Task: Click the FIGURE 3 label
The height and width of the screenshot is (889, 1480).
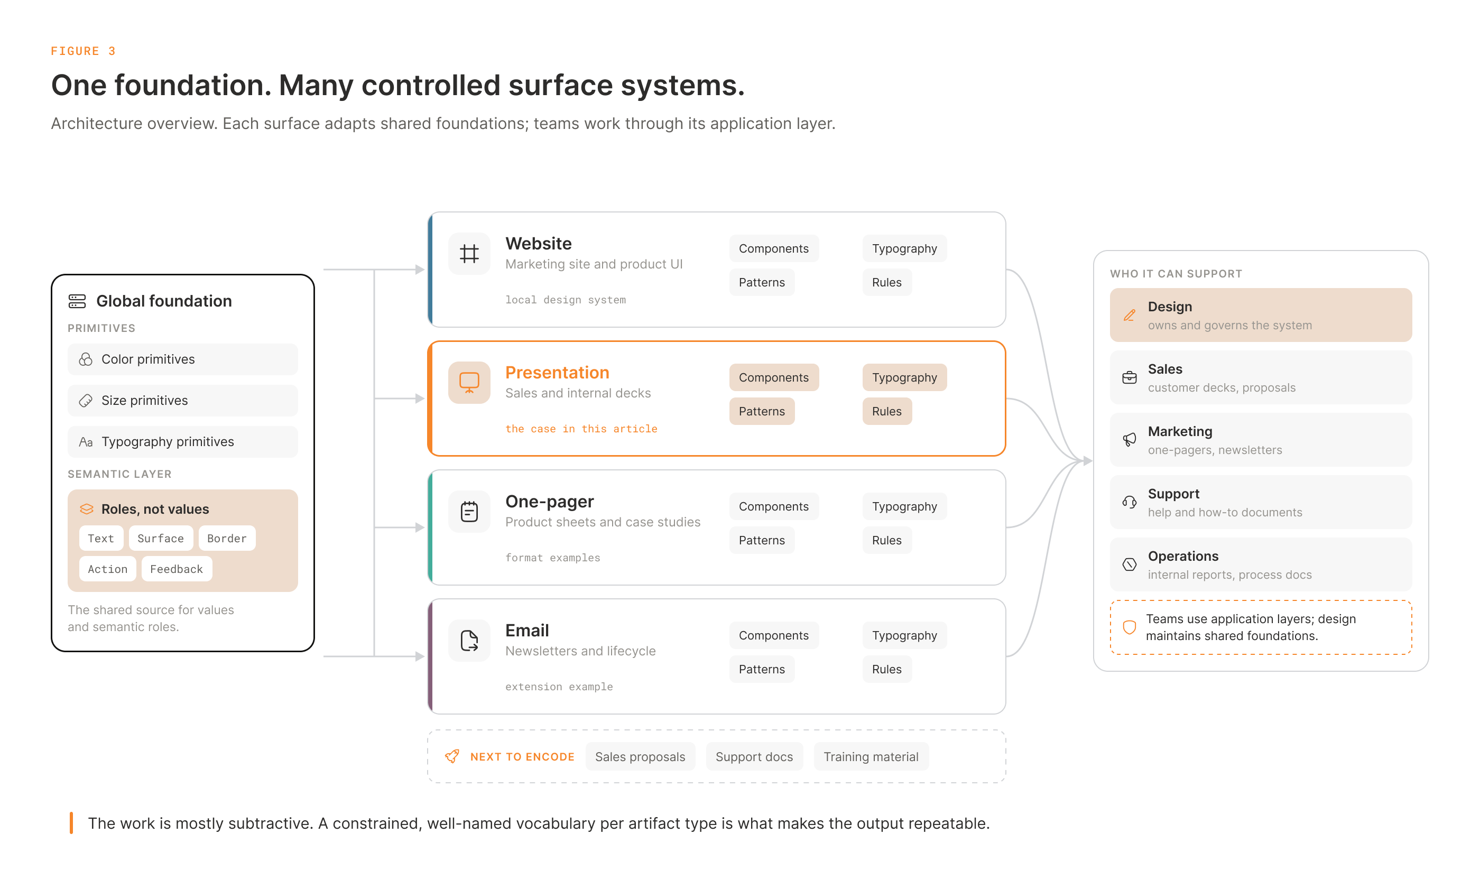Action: [x=84, y=51]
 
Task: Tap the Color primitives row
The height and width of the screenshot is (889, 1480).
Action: [x=183, y=359]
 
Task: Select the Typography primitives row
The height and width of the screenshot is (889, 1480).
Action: [x=183, y=441]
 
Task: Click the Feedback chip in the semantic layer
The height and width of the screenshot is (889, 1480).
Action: [x=177, y=569]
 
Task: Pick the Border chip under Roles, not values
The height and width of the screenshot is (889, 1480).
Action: [x=227, y=538]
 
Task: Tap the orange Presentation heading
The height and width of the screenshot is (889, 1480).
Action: [x=557, y=372]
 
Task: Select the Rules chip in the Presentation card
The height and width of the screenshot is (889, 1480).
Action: [x=886, y=411]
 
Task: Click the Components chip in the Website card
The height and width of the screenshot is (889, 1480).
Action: [x=773, y=248]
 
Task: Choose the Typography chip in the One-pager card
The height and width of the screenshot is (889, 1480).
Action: [x=904, y=506]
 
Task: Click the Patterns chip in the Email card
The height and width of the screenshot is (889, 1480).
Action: [x=761, y=669]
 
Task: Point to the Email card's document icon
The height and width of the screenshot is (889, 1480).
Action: [x=469, y=641]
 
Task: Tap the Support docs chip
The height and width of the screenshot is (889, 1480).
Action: [x=754, y=757]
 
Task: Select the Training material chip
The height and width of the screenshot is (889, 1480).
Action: [x=871, y=757]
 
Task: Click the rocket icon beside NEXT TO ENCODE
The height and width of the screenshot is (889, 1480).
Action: [x=452, y=756]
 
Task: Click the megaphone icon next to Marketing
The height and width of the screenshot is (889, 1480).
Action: [x=1129, y=440]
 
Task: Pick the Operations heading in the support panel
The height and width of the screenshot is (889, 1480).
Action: [x=1183, y=556]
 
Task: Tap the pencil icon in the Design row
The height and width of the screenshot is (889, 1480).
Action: [x=1129, y=315]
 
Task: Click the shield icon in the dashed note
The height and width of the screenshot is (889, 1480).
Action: [x=1129, y=627]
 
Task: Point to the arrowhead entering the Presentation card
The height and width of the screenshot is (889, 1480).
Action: [x=420, y=399]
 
